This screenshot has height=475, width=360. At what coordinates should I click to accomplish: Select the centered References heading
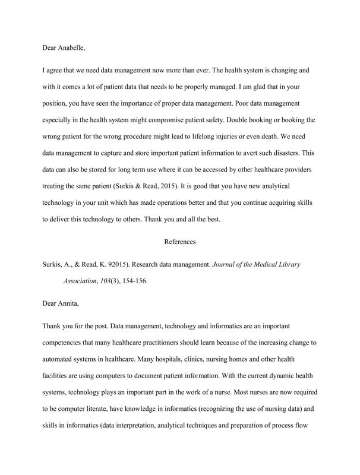[179, 242]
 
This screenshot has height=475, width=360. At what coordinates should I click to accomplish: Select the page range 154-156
[130, 281]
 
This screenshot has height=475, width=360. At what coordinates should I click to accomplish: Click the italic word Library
[285, 264]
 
